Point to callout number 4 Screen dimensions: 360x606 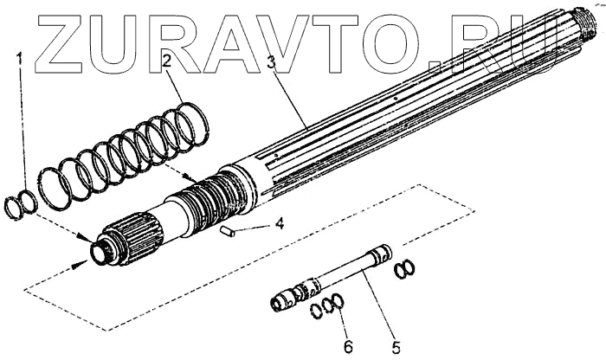point(279,223)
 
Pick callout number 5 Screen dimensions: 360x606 point(395,348)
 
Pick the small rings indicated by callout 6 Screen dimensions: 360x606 point(329,305)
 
